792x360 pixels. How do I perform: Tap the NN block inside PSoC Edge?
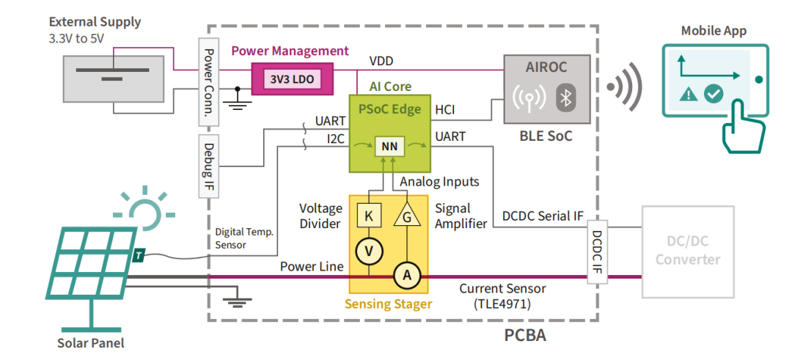point(389,147)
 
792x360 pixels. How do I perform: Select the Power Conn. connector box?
point(208,83)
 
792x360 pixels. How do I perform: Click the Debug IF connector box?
point(208,166)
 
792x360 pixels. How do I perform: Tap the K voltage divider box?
point(368,217)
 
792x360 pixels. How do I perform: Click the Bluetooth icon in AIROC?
point(565,98)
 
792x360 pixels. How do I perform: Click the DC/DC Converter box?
point(687,251)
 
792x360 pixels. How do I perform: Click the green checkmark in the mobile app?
point(714,94)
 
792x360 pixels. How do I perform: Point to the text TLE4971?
point(502,303)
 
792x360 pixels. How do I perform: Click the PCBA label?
point(525,336)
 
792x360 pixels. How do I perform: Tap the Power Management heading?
point(290,51)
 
